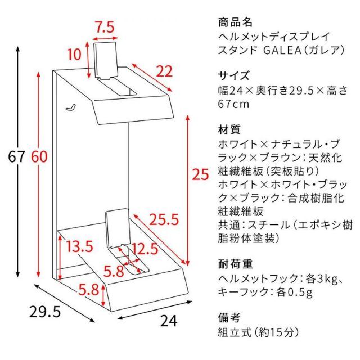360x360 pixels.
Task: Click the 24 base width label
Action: click(x=168, y=320)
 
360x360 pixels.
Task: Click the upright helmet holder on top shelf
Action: click(x=105, y=61)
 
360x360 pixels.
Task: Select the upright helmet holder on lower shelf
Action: click(x=116, y=229)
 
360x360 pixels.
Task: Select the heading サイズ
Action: click(x=233, y=75)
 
